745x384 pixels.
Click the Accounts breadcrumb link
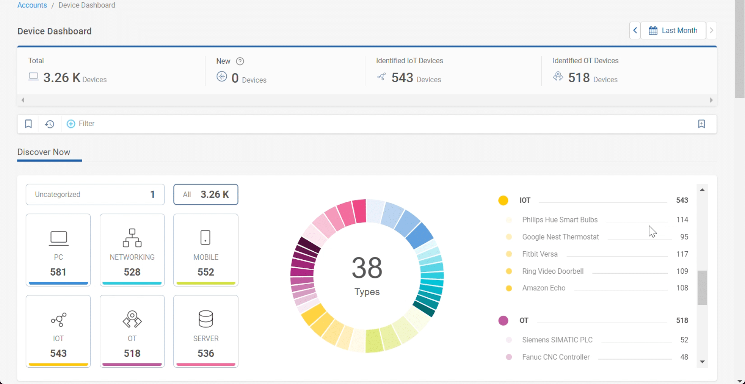point(32,5)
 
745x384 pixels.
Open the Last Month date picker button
point(673,30)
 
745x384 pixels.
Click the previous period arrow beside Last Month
point(635,30)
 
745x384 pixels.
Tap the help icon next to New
point(240,61)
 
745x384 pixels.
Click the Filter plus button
point(71,124)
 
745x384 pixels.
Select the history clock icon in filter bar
point(50,124)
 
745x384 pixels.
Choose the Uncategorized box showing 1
point(95,195)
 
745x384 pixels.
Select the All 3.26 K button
point(206,195)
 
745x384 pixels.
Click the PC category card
point(58,250)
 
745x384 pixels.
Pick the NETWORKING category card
point(132,250)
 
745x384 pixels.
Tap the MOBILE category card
point(206,250)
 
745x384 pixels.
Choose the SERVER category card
point(206,331)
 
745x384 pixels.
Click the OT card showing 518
point(132,331)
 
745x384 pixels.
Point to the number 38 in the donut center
point(367,268)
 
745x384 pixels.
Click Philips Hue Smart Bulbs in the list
point(560,220)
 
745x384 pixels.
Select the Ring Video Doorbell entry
point(553,271)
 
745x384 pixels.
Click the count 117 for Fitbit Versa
point(682,254)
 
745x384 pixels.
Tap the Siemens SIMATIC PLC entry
point(557,340)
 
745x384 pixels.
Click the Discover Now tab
point(44,152)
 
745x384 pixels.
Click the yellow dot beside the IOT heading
point(503,200)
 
